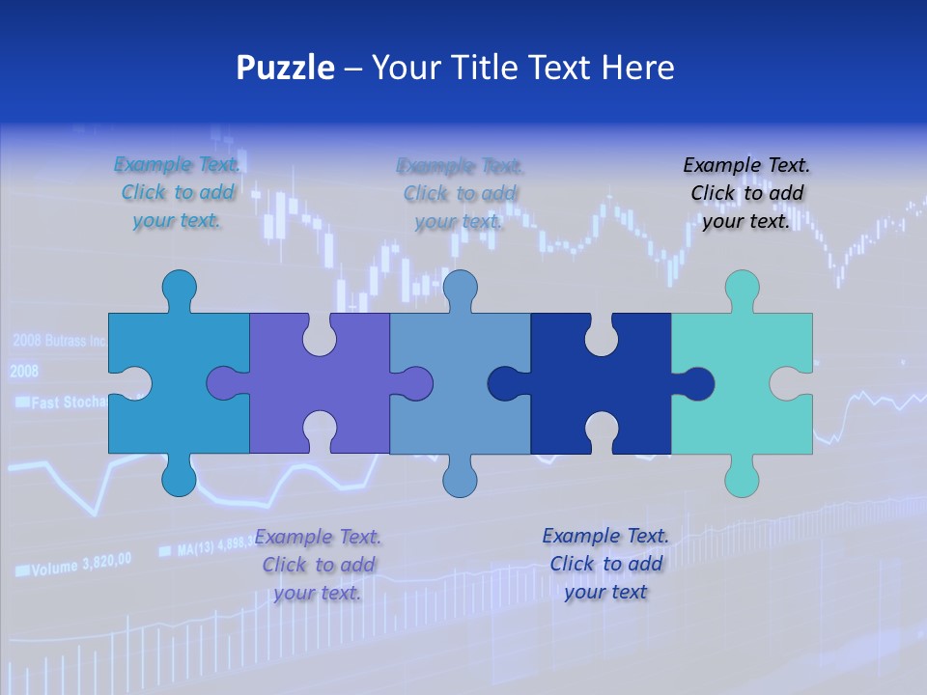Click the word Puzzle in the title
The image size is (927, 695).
pyautogui.click(x=285, y=68)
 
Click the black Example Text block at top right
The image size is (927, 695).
pyautogui.click(x=746, y=193)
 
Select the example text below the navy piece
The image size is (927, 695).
pyautogui.click(x=605, y=564)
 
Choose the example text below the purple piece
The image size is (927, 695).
pyautogui.click(x=318, y=565)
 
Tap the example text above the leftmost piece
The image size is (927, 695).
pyautogui.click(x=177, y=193)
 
